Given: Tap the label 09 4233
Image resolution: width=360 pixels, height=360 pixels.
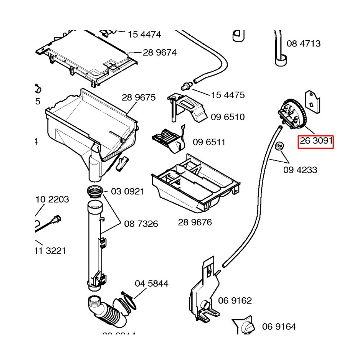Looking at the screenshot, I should coord(300,169).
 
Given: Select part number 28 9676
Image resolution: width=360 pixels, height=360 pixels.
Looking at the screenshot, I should coord(195,222).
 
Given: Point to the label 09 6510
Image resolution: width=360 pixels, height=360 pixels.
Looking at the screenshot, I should coord(228,117).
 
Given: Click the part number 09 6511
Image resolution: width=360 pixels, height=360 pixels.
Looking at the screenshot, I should coord(209,142).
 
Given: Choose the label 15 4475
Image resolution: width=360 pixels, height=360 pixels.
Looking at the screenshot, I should coord(228,95).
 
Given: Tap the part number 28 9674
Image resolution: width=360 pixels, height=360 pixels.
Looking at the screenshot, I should coord(159,53).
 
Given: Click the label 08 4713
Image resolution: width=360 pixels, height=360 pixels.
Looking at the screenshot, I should coord(303,44).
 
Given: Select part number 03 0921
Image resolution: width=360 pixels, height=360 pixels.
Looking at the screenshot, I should coord(127,191).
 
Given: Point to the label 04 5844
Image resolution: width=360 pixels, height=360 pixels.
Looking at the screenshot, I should coord(152,284).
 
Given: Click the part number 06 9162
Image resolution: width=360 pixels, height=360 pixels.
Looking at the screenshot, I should coord(235,301).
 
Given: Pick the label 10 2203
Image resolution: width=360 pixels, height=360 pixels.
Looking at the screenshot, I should coord(53,199).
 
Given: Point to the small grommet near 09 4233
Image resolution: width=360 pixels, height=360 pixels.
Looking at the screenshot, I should coord(279,146).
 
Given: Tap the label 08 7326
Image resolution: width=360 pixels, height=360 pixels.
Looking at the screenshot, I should coord(141,224).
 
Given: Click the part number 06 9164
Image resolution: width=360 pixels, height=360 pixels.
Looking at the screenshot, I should coord(279,327).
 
